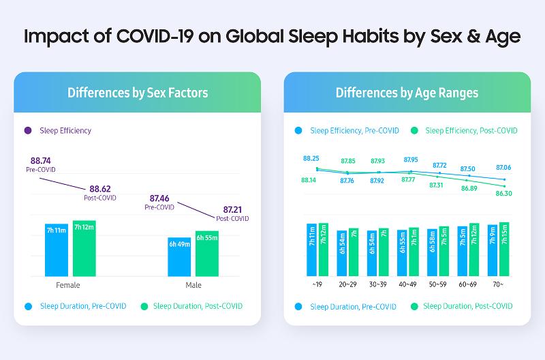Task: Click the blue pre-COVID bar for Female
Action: click(x=57, y=249)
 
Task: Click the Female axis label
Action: click(x=67, y=284)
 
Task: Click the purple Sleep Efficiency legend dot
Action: click(x=28, y=130)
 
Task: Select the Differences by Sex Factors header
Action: click(x=138, y=92)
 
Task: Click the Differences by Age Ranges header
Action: click(x=407, y=92)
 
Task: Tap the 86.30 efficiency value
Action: click(x=504, y=194)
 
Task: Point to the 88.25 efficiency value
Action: click(x=312, y=158)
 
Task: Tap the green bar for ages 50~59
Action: click(x=443, y=250)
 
